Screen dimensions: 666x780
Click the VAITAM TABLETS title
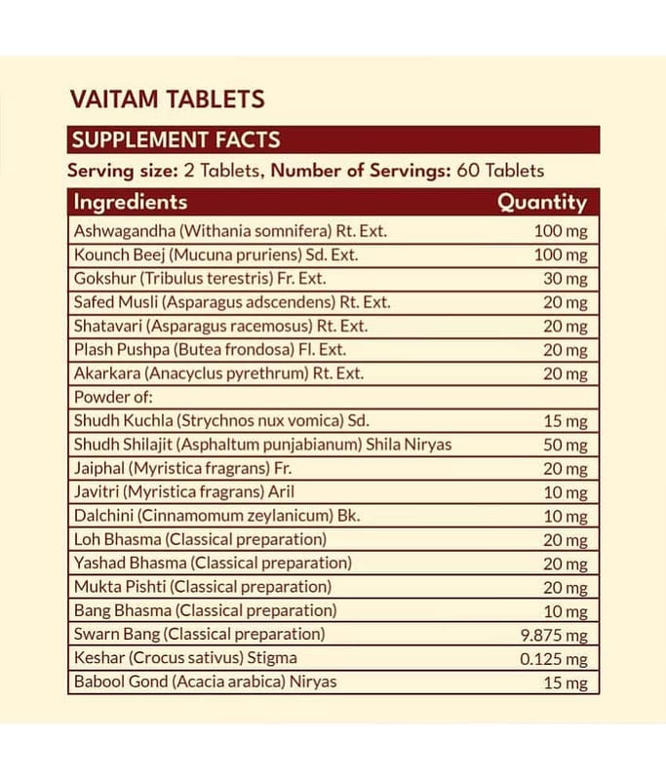[x=167, y=98]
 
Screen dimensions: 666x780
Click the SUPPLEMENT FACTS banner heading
[x=176, y=139]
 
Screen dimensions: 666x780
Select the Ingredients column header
[x=131, y=202]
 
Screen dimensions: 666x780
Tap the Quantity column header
[x=542, y=203]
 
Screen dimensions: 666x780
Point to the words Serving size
[x=123, y=171]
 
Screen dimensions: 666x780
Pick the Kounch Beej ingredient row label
[x=215, y=254]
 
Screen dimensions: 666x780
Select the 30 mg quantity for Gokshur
[x=565, y=279]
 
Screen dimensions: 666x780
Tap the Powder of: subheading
[x=113, y=397]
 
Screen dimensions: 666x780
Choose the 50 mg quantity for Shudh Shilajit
[x=565, y=445]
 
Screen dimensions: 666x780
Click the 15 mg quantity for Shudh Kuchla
[x=565, y=421]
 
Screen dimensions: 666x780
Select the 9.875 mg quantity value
[x=554, y=636]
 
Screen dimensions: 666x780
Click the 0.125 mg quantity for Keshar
[x=554, y=659]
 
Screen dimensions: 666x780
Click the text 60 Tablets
[x=500, y=171]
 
